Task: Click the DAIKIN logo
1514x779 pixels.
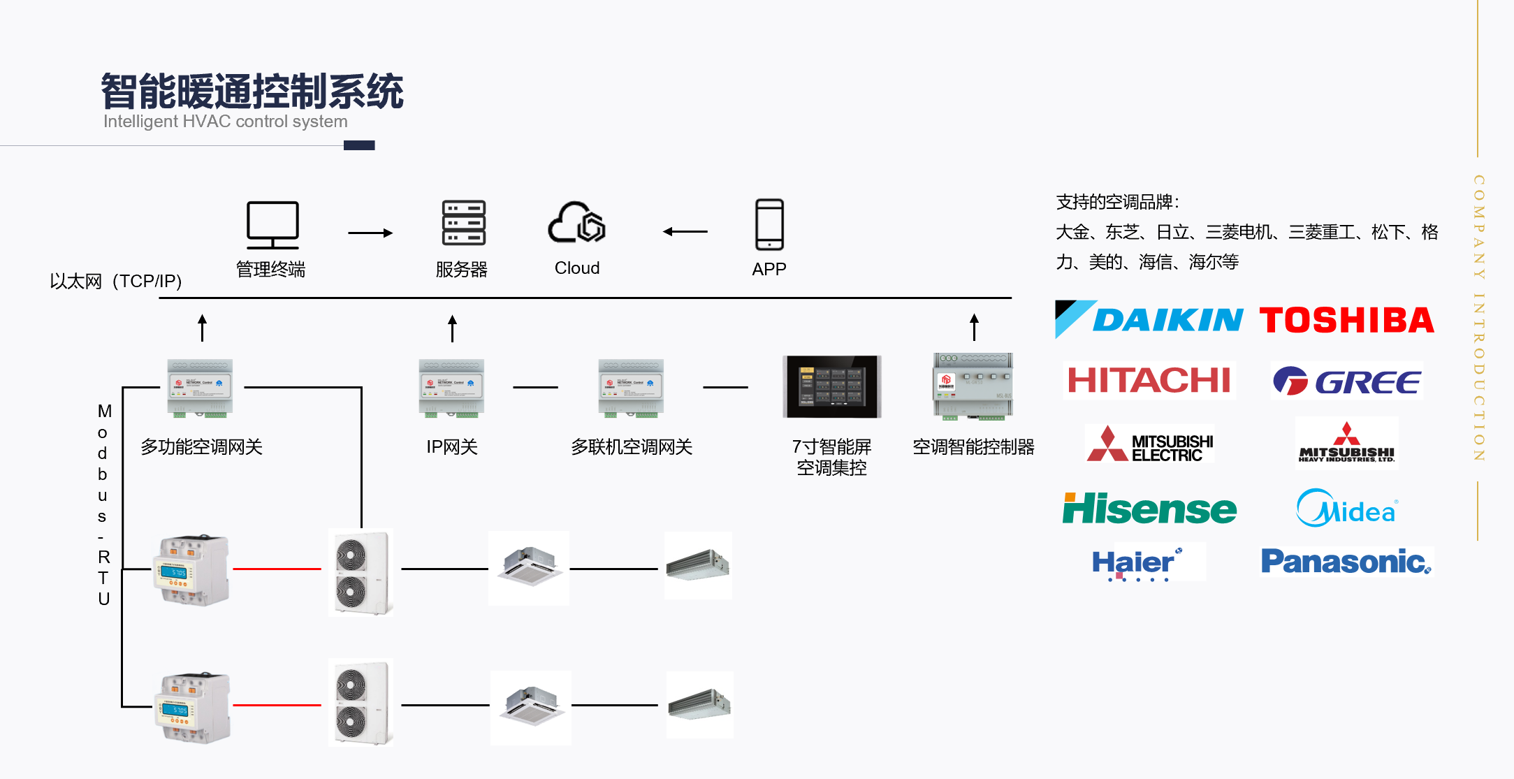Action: click(1149, 319)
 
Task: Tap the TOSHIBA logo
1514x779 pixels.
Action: click(1346, 320)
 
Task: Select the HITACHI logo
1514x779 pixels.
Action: click(1149, 380)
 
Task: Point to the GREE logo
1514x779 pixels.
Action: click(1346, 381)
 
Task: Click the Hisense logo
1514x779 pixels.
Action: click(1149, 509)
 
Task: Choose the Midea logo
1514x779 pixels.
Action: click(1346, 509)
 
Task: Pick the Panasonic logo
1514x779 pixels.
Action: click(1346, 561)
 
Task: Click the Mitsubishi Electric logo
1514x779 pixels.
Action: click(1149, 444)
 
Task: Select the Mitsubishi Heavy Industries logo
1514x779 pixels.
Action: click(1346, 443)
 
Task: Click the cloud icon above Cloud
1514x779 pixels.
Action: click(576, 224)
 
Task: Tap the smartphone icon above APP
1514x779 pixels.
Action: click(769, 224)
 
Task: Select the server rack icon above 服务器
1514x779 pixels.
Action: click(463, 224)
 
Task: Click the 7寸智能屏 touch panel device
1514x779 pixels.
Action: click(831, 386)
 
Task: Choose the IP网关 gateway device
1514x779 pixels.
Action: click(451, 388)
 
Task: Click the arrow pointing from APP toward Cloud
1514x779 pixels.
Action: click(685, 231)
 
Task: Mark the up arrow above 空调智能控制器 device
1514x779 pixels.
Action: click(974, 327)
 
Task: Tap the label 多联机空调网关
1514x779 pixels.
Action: click(632, 447)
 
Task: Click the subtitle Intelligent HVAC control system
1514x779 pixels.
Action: click(225, 122)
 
